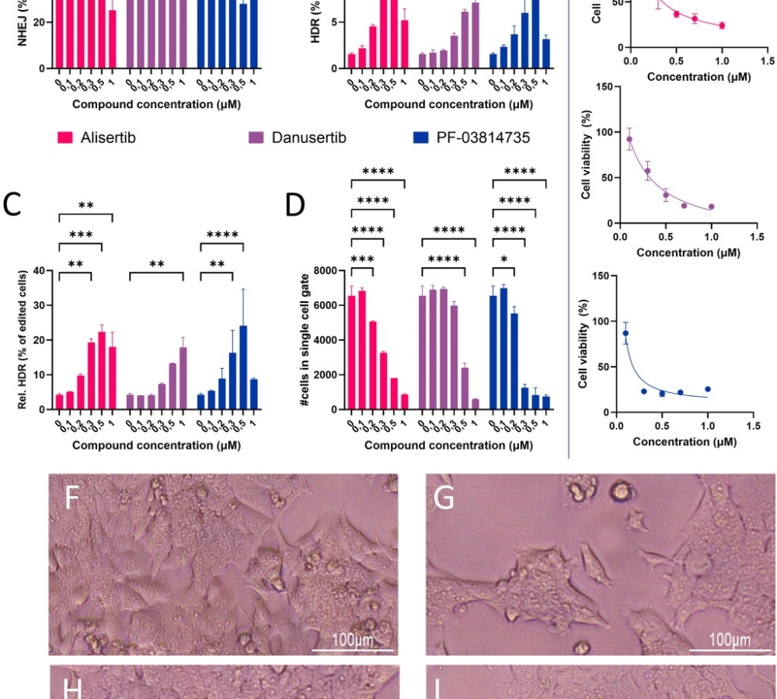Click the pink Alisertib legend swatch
click(x=65, y=138)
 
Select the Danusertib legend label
click(x=308, y=138)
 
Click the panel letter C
click(x=12, y=203)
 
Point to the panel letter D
click(x=295, y=203)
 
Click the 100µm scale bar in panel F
click(x=353, y=650)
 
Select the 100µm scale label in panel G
click(x=730, y=640)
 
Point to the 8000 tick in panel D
click(x=326, y=271)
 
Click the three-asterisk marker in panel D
click(x=362, y=259)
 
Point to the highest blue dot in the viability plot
click(x=625, y=333)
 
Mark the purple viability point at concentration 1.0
click(x=711, y=207)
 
